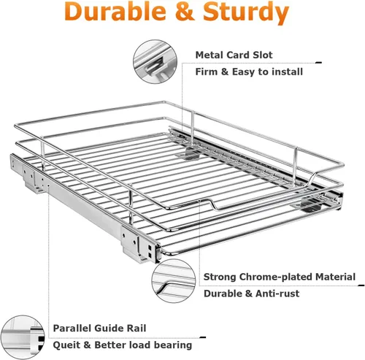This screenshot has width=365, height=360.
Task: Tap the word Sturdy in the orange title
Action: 246,12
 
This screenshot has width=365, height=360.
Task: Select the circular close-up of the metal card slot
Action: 155,62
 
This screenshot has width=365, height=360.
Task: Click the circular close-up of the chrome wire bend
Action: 173,281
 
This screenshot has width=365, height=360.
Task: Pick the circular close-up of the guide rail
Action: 22,337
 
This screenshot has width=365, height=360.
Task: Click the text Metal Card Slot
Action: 234,55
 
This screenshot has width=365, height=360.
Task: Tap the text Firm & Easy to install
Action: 249,72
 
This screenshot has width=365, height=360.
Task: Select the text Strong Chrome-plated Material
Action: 280,277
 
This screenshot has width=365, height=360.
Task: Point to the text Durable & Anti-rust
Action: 251,294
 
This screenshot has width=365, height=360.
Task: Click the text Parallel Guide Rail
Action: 99,328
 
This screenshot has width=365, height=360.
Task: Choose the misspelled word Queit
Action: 66,345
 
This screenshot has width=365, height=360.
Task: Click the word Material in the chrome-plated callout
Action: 335,277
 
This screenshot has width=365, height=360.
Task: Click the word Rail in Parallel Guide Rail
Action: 137,328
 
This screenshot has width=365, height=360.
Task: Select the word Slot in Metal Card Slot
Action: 263,55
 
